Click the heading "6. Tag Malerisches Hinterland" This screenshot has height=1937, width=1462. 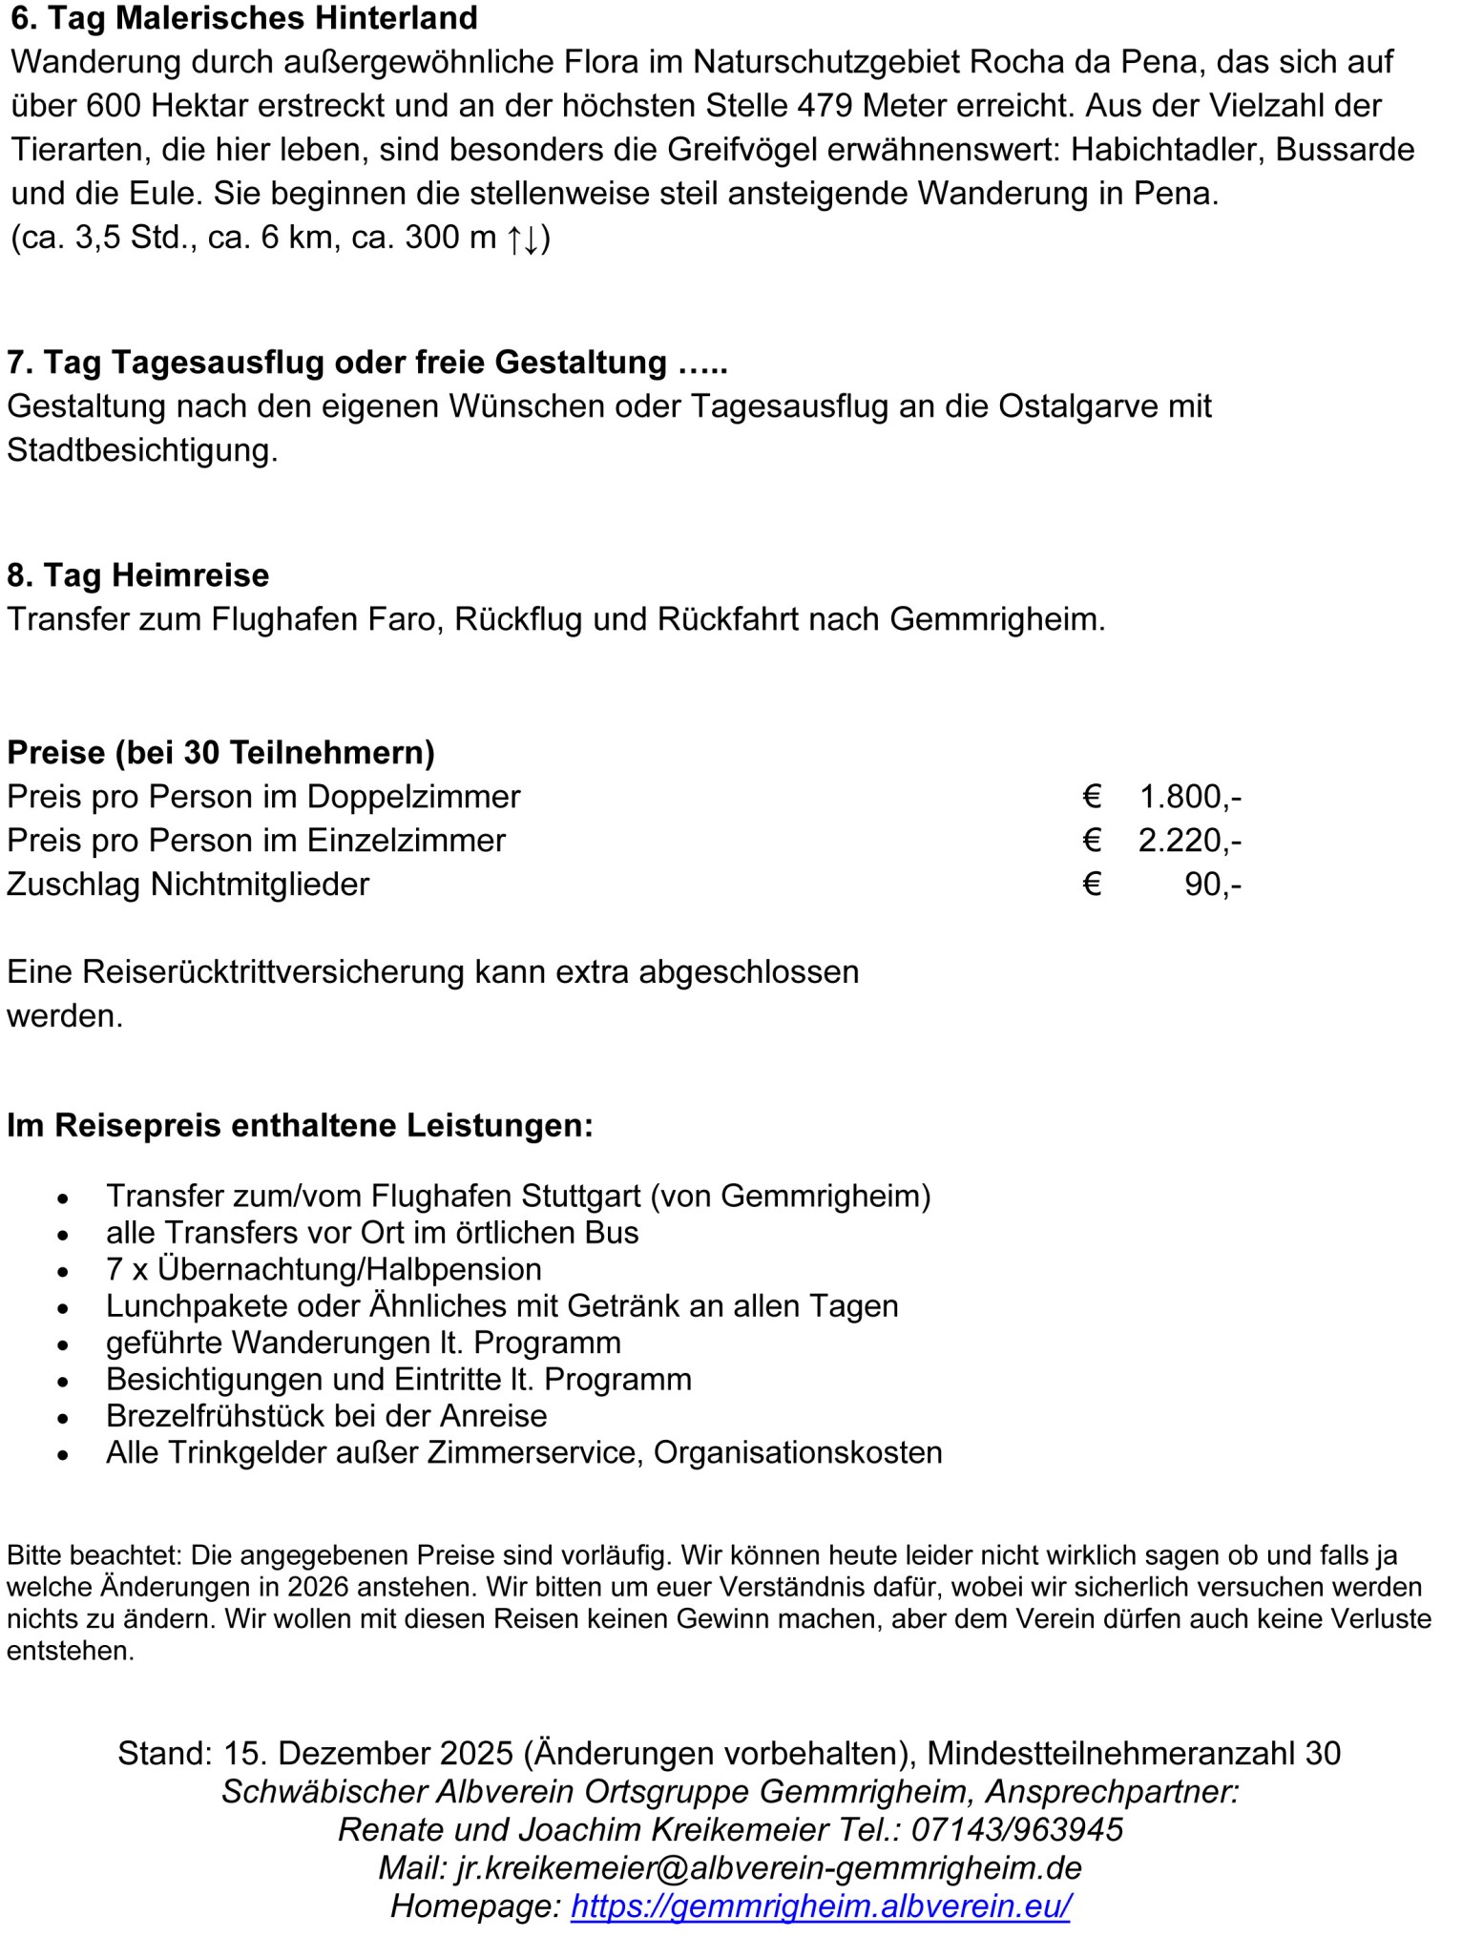pyautogui.click(x=243, y=18)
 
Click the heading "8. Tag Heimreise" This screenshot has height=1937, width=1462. pyautogui.click(x=138, y=575)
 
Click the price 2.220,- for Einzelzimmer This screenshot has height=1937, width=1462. pyautogui.click(x=1189, y=841)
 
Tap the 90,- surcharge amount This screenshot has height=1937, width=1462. pyautogui.click(x=1212, y=885)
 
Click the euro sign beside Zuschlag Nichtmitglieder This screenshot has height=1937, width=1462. pyautogui.click(x=1093, y=885)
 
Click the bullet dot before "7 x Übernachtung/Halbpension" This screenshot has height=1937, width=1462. pyautogui.click(x=63, y=1272)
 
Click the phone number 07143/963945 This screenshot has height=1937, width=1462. pyautogui.click(x=1017, y=1830)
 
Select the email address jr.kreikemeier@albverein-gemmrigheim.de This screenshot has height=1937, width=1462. pyautogui.click(x=769, y=1868)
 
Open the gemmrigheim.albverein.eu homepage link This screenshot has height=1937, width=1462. pyautogui.click(x=821, y=1906)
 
